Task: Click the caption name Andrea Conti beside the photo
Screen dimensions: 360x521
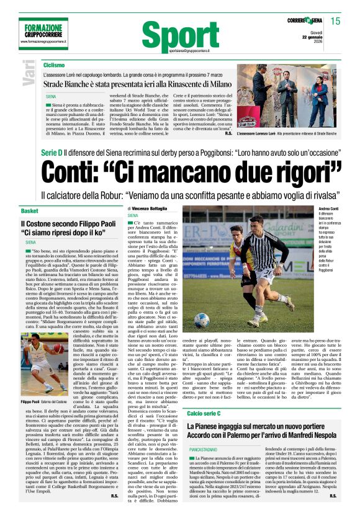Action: [x=328, y=210]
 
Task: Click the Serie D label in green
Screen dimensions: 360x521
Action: [x=52, y=153]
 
